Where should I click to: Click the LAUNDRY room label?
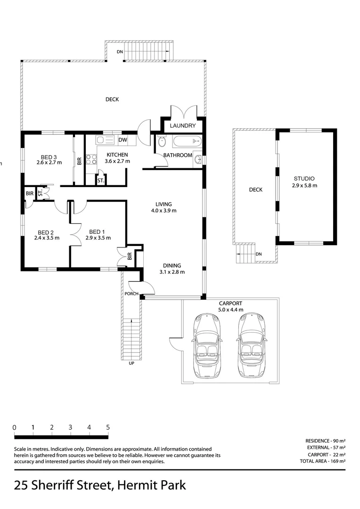183,126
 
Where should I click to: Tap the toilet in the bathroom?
162,141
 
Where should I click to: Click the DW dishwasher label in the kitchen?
123,140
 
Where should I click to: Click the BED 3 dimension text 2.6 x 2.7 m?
49,163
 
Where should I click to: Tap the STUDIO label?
304,179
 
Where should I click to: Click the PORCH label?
131,294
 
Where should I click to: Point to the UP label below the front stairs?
131,363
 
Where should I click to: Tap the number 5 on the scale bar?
108,427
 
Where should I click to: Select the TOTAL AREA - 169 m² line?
322,461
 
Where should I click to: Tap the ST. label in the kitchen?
100,181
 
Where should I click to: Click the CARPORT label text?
230,304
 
